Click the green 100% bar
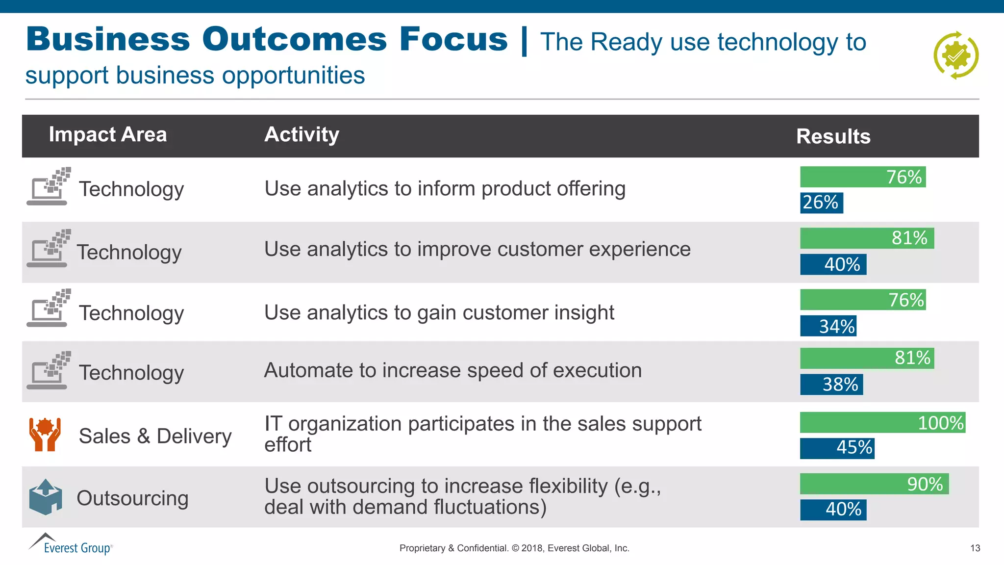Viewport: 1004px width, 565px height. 882,422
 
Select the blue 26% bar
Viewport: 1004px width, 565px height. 822,203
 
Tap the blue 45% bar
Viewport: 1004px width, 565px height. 837,448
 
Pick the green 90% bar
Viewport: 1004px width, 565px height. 874,484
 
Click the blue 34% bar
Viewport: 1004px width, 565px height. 828,326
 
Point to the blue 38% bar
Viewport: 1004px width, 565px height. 831,385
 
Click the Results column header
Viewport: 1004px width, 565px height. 833,136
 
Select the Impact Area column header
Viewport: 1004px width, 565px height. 108,134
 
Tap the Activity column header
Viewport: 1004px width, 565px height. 301,134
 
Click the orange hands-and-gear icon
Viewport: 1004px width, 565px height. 45,435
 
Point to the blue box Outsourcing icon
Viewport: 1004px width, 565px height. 46,497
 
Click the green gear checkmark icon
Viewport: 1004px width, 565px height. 955,55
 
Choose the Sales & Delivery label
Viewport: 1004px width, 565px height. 155,436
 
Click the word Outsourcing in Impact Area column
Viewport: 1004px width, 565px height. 132,498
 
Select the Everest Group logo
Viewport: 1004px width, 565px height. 71,544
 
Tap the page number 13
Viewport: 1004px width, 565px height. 975,548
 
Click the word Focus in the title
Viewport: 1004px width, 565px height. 453,39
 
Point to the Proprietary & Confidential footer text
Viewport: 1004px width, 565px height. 514,548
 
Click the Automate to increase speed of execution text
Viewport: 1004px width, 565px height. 452,370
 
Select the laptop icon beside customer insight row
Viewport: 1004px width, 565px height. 48,308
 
